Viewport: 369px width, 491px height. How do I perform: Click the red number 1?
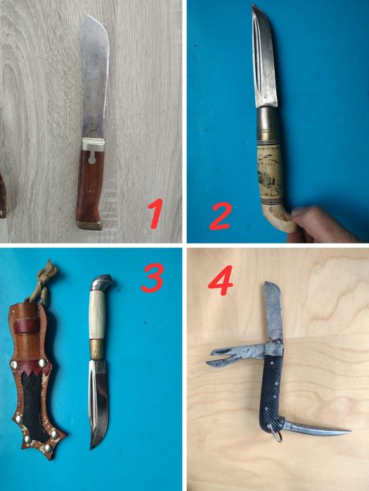(155, 213)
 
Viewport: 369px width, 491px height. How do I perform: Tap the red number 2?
(221, 216)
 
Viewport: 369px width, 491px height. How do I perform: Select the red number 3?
(153, 278)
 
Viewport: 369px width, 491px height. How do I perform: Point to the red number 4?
(220, 281)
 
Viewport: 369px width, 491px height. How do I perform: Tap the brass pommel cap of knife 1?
(90, 225)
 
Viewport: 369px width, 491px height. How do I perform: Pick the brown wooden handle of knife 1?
(90, 185)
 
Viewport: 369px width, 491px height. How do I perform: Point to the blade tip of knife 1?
(89, 15)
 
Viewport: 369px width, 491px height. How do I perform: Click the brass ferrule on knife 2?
(267, 123)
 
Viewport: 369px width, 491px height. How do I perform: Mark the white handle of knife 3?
(97, 314)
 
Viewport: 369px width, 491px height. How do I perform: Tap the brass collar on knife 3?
(97, 349)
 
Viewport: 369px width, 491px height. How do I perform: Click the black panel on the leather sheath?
(32, 408)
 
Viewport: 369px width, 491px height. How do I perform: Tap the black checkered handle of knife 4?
(272, 394)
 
